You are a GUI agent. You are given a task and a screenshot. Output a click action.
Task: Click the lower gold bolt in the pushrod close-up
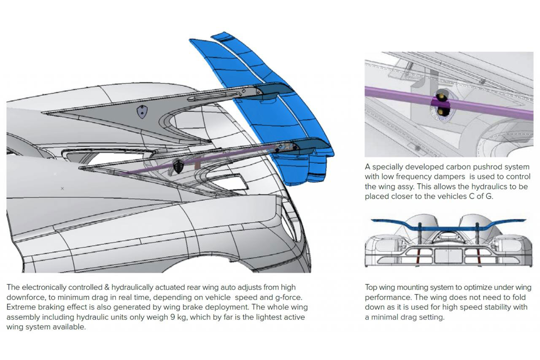coord(441,111)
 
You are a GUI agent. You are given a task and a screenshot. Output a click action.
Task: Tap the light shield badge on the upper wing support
coord(143,111)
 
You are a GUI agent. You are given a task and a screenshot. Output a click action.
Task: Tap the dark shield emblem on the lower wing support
coord(178,167)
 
